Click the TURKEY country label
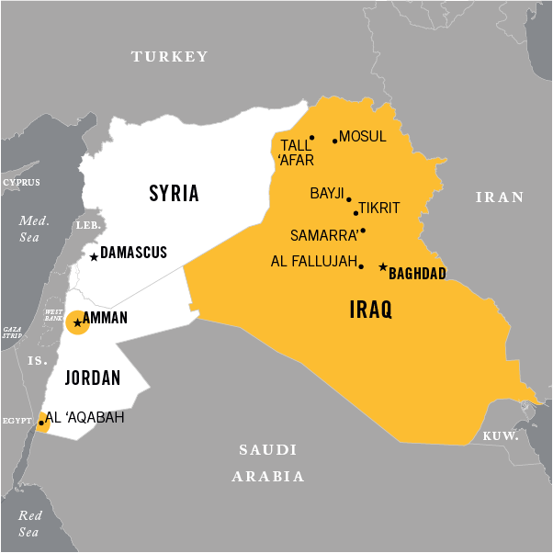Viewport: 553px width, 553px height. coord(170,57)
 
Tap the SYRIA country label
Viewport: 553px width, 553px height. coord(174,193)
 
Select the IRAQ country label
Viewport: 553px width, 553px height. coord(371,310)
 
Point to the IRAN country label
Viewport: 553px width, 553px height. coord(499,197)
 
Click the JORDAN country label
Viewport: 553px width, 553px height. coord(93,378)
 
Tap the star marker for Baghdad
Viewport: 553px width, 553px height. coord(382,267)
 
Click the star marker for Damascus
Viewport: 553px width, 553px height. coord(94,257)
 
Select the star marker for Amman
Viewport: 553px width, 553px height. coord(77,322)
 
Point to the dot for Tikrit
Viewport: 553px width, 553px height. coord(355,212)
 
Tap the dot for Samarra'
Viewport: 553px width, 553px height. coord(363,231)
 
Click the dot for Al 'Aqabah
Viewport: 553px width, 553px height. coord(41,423)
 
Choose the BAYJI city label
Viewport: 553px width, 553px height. coord(326,194)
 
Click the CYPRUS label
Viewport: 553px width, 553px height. coord(21,183)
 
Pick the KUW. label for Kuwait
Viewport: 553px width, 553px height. coord(502,435)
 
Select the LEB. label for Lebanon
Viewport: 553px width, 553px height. coord(86,225)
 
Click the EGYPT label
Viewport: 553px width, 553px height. coord(16,419)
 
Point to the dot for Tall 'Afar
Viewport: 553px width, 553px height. coord(311,139)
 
